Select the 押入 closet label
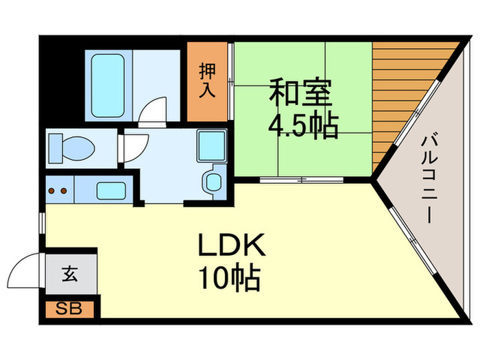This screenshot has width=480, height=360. pyautogui.click(x=208, y=82)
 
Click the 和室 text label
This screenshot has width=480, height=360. pyautogui.click(x=300, y=93)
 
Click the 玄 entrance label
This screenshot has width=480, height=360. pyautogui.click(x=70, y=275)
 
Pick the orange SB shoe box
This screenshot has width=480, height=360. pyautogui.click(x=71, y=309)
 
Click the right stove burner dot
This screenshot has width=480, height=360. pyautogui.click(x=64, y=190)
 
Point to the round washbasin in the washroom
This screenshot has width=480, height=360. pyautogui.click(x=213, y=182)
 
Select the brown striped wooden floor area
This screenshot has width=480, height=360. pyautogui.click(x=398, y=96)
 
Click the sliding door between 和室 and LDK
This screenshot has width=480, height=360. pyautogui.click(x=302, y=180)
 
